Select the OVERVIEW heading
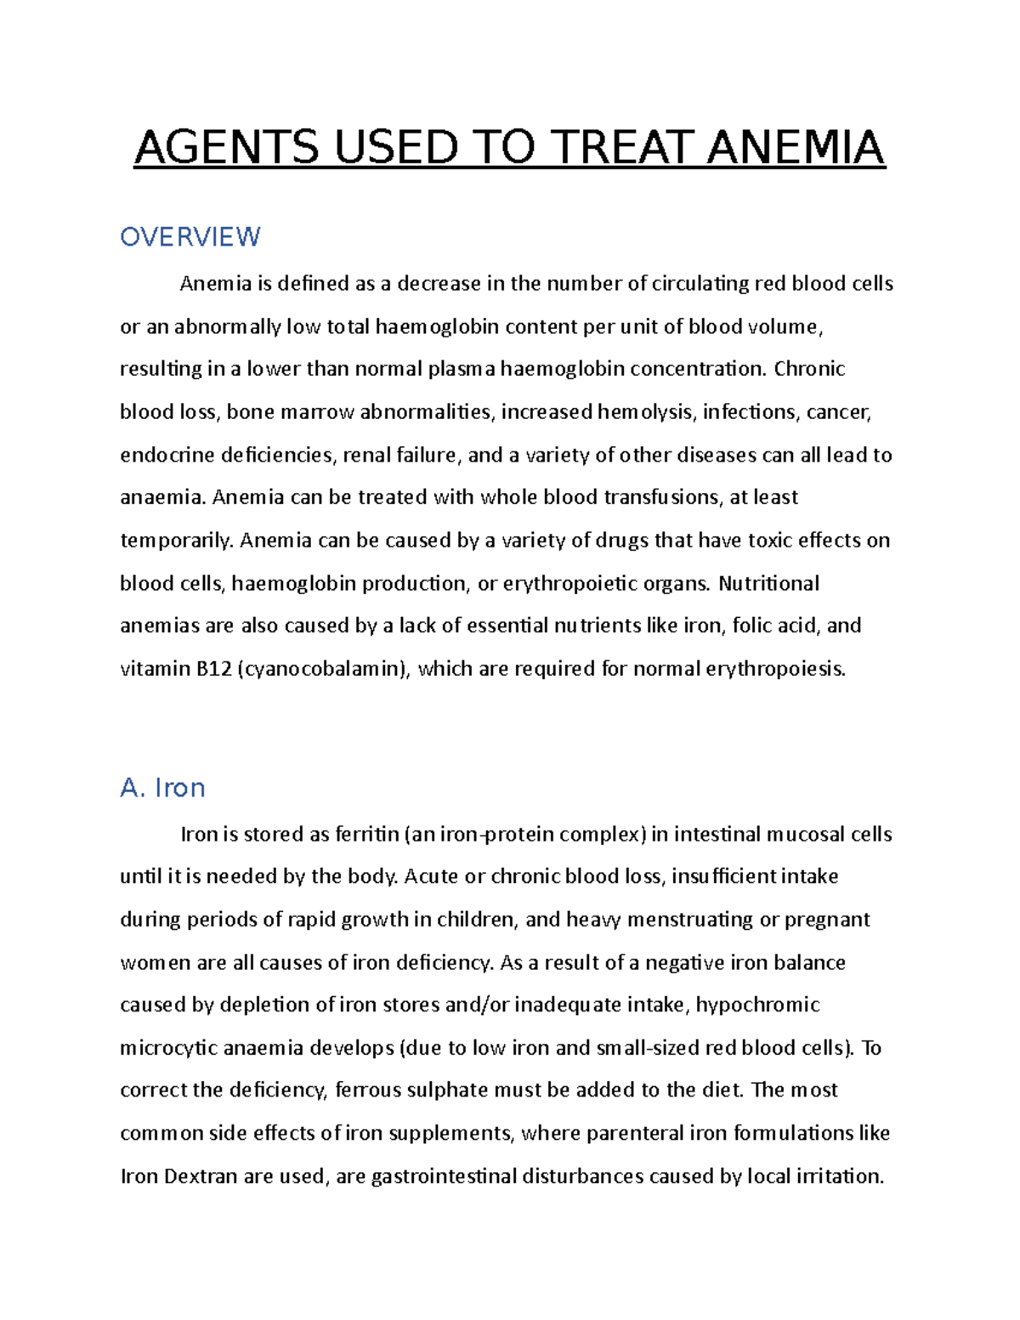[190, 236]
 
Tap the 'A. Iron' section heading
[162, 788]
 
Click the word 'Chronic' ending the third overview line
[809, 369]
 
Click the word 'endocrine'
[167, 455]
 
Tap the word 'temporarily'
[176, 541]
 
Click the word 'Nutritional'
[768, 583]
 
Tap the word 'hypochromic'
[757, 1006]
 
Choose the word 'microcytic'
[168, 1048]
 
